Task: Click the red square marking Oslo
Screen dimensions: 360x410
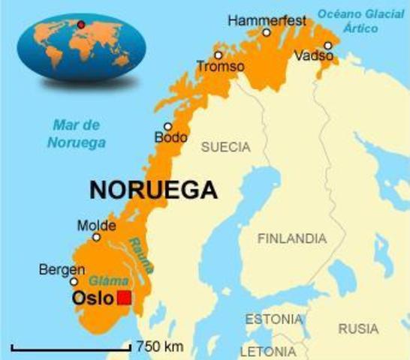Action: tap(125, 298)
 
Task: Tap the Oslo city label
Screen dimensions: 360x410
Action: tap(92, 298)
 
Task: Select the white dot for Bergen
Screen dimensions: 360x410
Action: tap(74, 282)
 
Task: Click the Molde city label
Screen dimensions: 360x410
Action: tap(96, 225)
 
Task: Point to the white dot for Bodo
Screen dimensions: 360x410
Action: tap(167, 127)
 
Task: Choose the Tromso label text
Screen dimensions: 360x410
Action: tap(220, 67)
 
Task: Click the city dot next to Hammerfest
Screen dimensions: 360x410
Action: tap(267, 32)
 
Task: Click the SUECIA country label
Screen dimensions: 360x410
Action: tap(225, 147)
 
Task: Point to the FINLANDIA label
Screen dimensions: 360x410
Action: tap(292, 238)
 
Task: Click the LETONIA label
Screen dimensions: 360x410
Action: tap(267, 351)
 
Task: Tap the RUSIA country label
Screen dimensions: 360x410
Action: tap(358, 328)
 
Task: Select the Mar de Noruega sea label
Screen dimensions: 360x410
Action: tap(77, 133)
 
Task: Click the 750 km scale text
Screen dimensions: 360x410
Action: tap(160, 346)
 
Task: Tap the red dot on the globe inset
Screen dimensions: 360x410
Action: tap(80, 25)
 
